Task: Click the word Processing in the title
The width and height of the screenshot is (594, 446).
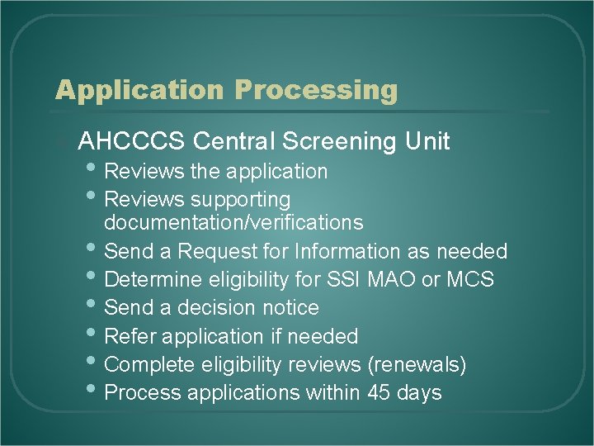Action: [x=317, y=89]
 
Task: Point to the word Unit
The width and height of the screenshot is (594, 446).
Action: [x=427, y=141]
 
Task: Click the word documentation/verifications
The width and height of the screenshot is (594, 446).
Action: [x=233, y=222]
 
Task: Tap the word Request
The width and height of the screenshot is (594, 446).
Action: [x=216, y=251]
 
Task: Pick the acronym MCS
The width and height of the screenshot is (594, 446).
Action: [x=469, y=279]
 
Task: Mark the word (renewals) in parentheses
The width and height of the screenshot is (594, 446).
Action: [x=417, y=364]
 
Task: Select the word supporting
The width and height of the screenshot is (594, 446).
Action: [x=240, y=200]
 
